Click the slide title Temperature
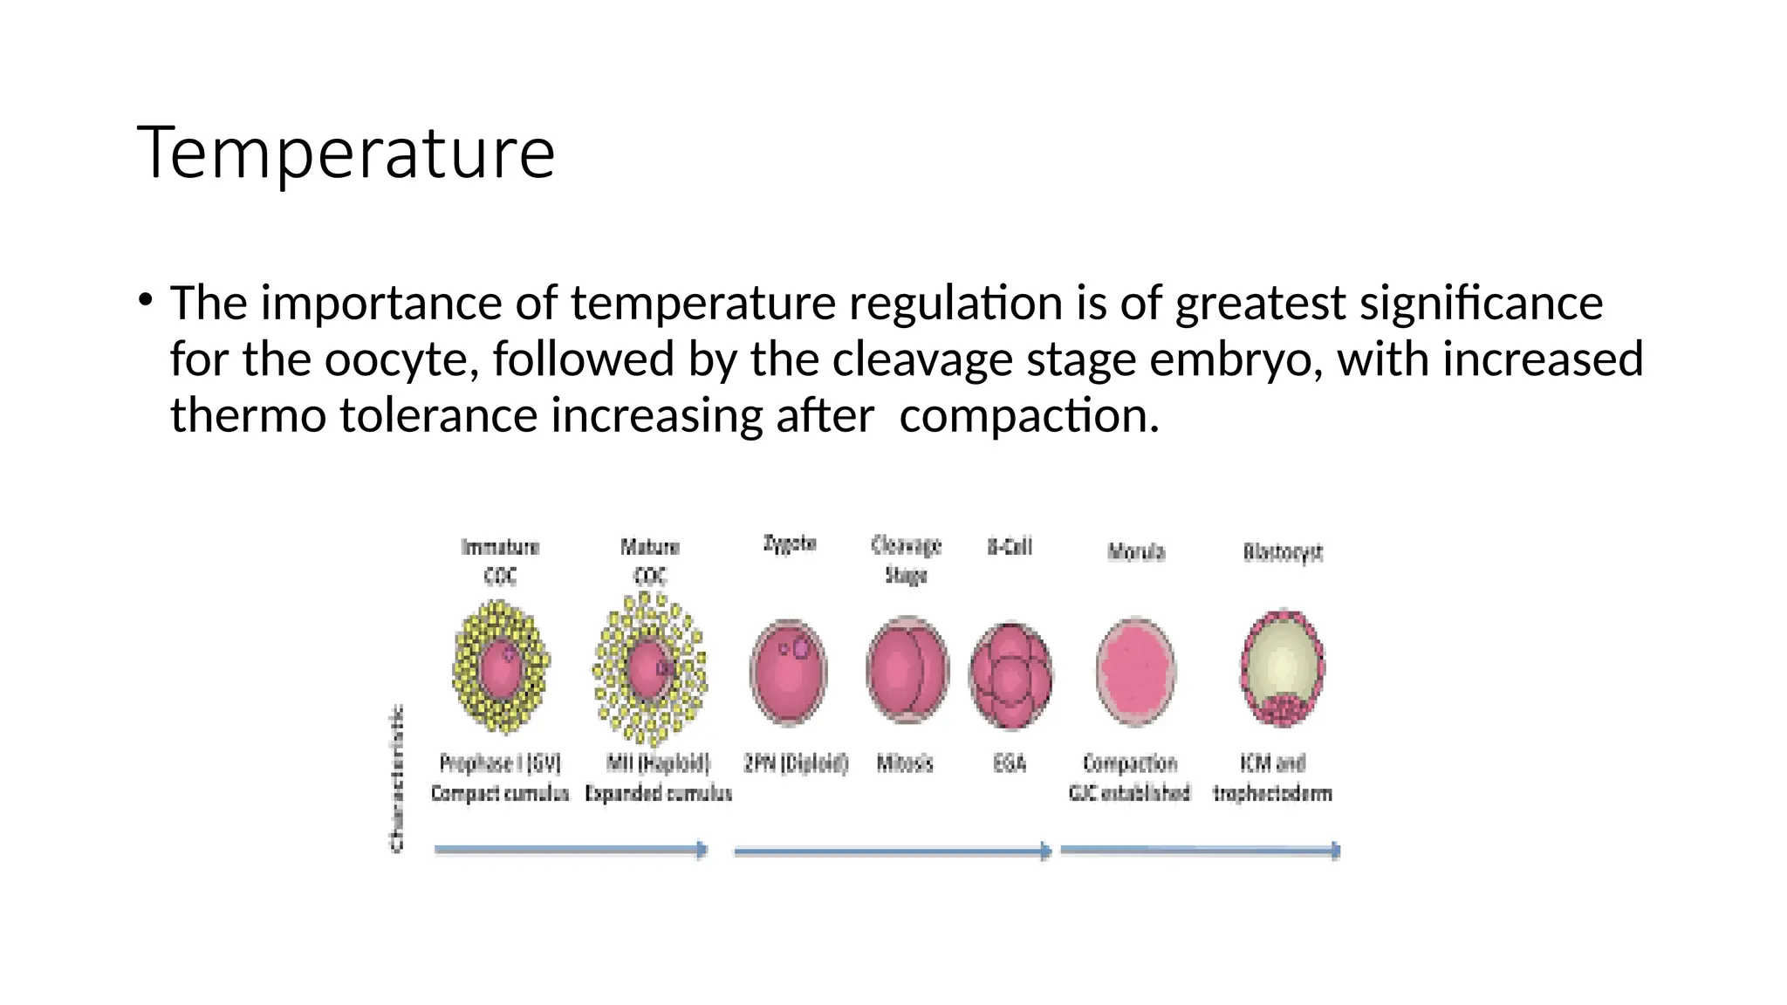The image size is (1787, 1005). [346, 154]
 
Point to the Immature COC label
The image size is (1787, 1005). [500, 561]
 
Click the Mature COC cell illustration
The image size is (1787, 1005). [649, 670]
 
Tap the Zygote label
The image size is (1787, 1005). [790, 544]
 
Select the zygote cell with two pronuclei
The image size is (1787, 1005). [789, 672]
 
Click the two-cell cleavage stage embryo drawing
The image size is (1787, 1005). [907, 670]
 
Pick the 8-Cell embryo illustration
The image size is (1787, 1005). [1010, 675]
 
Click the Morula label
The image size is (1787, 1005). [1136, 551]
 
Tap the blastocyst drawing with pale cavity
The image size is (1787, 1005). [1283, 668]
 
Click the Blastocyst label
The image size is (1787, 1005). [1283, 552]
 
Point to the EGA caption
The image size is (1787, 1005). [1010, 764]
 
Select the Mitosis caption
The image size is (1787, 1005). [905, 764]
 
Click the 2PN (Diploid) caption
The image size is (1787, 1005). [796, 764]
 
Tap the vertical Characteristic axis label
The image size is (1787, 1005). [396, 778]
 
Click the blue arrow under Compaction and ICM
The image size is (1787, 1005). [1200, 851]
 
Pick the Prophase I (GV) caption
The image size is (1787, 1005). [500, 764]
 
